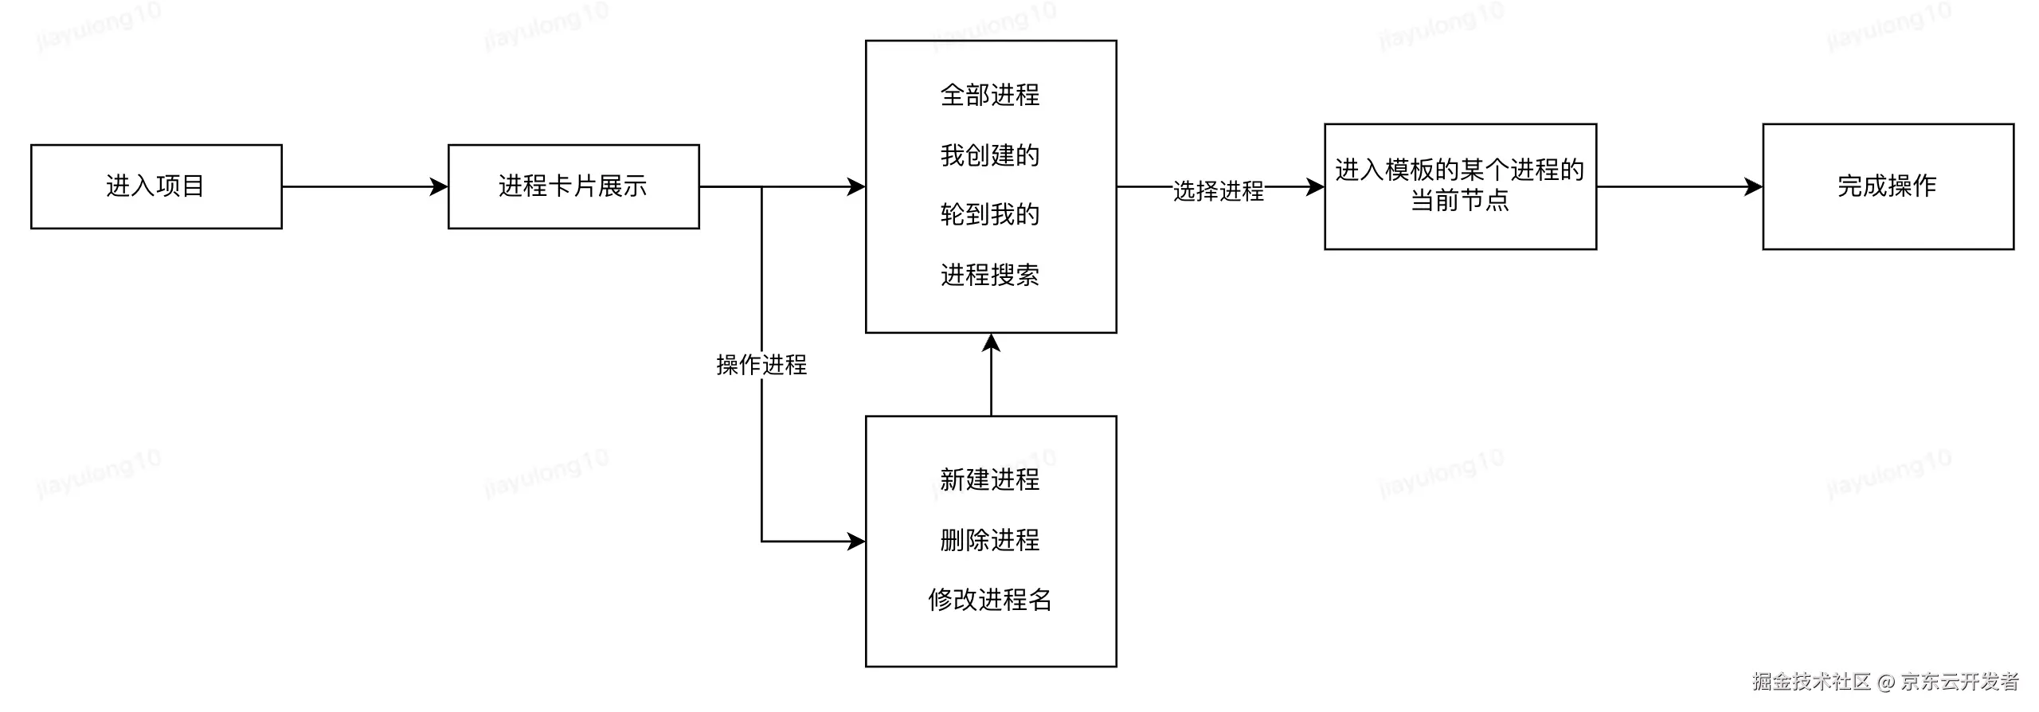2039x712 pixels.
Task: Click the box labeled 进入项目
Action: [x=156, y=186]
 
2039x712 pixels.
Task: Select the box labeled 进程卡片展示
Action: [x=573, y=186]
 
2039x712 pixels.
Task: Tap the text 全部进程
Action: [x=990, y=95]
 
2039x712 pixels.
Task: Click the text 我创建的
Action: [x=990, y=155]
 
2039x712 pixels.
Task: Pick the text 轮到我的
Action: [x=990, y=214]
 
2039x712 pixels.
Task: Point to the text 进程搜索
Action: [x=990, y=275]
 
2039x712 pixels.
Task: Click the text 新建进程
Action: [x=990, y=479]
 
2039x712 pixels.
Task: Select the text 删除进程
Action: [x=990, y=540]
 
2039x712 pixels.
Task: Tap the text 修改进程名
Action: [x=990, y=600]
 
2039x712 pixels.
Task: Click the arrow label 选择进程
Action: [x=1219, y=191]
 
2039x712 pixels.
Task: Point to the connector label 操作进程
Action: [x=761, y=365]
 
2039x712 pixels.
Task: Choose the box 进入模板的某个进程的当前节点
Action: [x=1460, y=186]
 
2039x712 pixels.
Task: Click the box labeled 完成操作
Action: [x=1888, y=186]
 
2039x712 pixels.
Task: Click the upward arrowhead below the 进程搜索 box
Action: [x=991, y=342]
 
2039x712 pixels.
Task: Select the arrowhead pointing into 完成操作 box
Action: [x=1754, y=187]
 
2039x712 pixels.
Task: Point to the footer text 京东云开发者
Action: [x=1960, y=682]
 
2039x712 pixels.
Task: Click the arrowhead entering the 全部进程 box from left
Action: [x=857, y=187]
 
